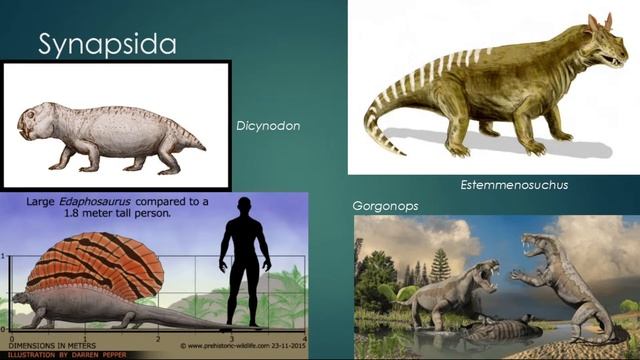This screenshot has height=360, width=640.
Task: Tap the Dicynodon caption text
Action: tap(268, 127)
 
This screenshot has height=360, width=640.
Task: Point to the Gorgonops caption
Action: tap(383, 206)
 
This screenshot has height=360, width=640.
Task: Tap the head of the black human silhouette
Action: tap(241, 205)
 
